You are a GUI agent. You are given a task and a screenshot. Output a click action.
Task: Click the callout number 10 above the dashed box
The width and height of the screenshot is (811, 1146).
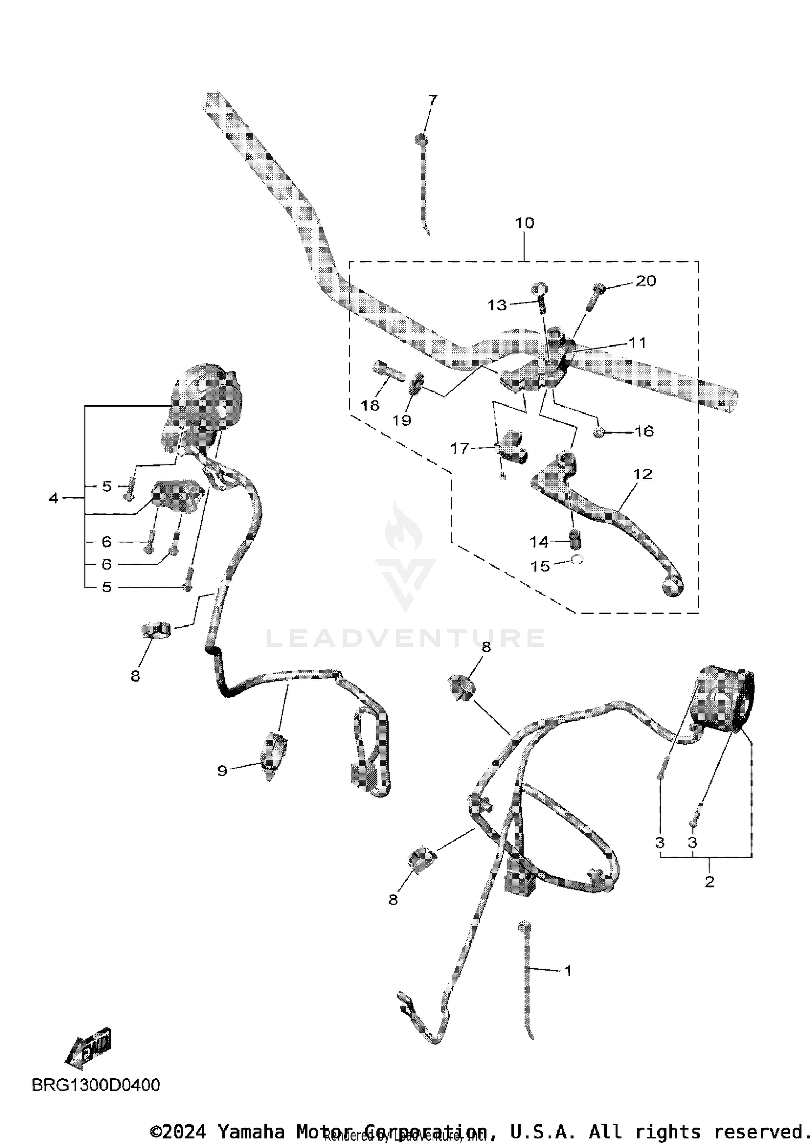coord(524,223)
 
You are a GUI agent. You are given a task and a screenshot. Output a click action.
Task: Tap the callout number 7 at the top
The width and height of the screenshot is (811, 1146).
coord(433,101)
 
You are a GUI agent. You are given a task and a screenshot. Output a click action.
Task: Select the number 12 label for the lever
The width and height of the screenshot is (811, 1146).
coord(642,474)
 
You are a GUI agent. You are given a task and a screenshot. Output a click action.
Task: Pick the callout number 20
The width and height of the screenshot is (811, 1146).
coord(646,281)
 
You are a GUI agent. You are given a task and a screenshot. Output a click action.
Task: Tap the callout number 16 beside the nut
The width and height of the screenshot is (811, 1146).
coord(644,431)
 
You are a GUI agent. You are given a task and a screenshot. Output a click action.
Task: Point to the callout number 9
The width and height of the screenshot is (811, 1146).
coord(222,771)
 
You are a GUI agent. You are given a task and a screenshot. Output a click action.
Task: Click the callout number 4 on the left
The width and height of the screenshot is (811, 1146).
coord(53,498)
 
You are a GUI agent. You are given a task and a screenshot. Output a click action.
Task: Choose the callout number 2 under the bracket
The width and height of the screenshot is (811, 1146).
coord(709,882)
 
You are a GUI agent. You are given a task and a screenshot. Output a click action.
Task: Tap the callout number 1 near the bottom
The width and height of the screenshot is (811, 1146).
coord(568,971)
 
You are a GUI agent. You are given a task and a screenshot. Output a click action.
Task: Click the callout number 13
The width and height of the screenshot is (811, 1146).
coord(497,305)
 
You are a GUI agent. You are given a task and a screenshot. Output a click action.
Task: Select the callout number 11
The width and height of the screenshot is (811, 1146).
coord(638,342)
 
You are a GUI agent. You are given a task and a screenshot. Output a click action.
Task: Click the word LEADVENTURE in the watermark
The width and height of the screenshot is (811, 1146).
coord(405,638)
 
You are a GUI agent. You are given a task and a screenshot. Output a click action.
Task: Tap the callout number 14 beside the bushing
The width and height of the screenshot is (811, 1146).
coord(539,542)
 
